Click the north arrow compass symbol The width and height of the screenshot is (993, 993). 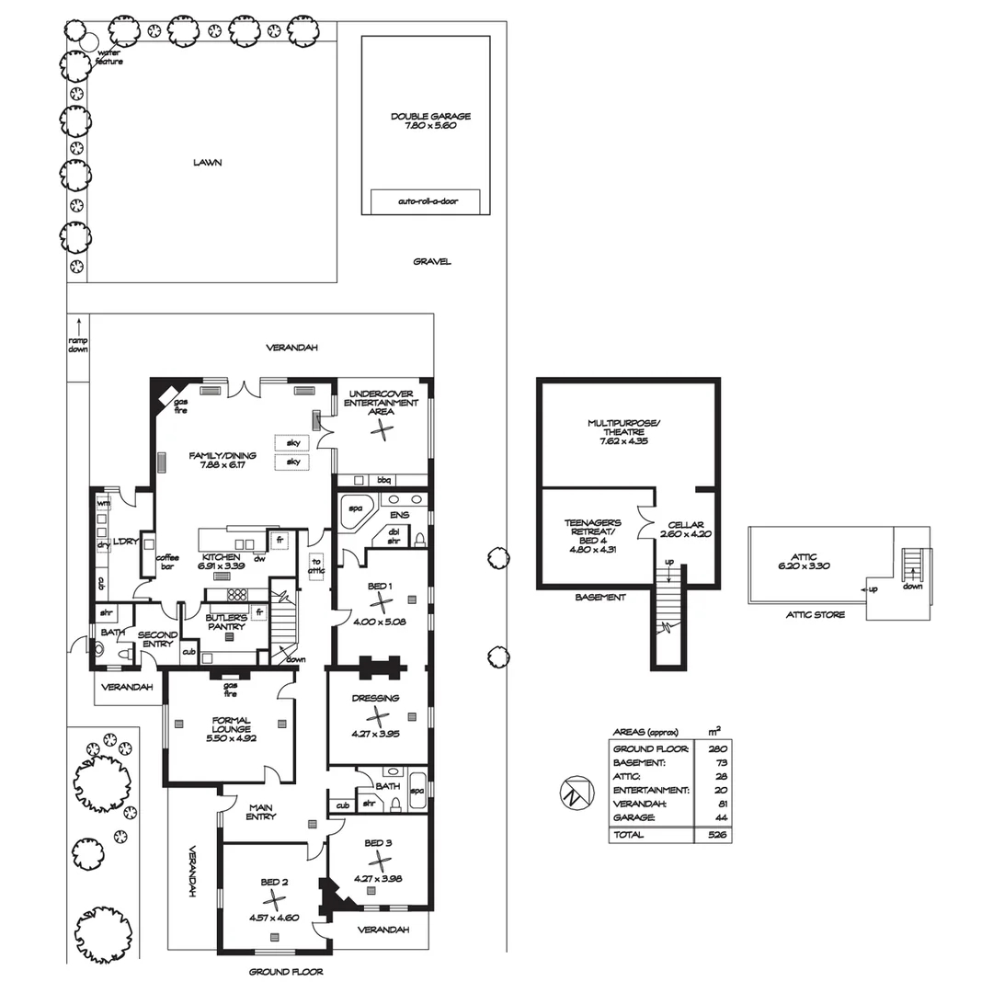tap(572, 793)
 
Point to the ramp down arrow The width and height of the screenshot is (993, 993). tap(79, 326)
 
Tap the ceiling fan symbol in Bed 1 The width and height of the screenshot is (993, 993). tap(380, 601)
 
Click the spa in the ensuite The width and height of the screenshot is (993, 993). tap(353, 511)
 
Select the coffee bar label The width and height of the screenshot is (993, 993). tap(166, 562)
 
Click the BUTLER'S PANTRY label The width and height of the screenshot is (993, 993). tap(225, 622)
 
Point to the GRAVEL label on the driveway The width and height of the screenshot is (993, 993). tap(431, 262)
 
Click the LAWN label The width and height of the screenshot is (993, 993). tap(207, 163)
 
